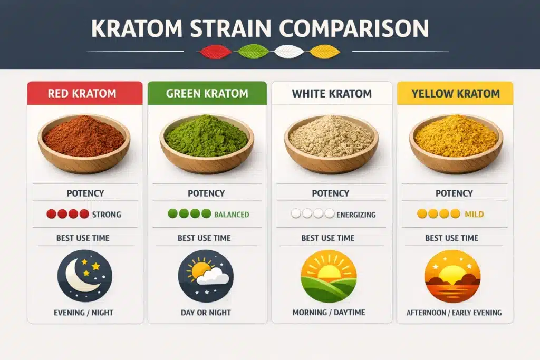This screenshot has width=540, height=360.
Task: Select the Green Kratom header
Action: click(x=207, y=94)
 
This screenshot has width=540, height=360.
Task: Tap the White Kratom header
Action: click(x=332, y=94)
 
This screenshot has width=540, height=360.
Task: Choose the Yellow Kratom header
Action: click(x=456, y=94)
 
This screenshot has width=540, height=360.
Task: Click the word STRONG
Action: click(x=107, y=215)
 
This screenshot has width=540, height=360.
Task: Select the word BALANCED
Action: click(x=232, y=215)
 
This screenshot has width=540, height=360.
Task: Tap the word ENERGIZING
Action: click(x=356, y=215)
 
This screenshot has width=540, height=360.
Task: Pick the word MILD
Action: click(x=474, y=215)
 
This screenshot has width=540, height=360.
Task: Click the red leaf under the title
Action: click(x=215, y=51)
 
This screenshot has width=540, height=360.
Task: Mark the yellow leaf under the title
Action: click(x=325, y=51)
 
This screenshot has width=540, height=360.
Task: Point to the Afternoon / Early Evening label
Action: click(x=454, y=313)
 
